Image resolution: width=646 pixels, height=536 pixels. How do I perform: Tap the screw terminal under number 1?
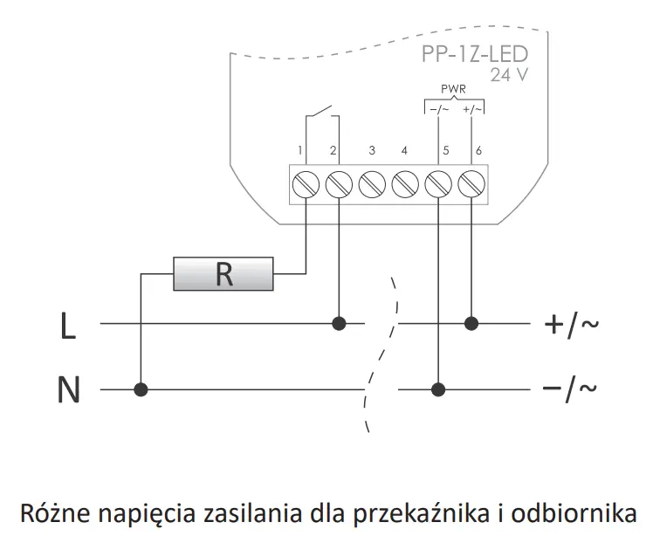pyautogui.click(x=306, y=185)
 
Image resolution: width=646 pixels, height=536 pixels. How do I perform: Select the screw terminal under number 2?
pyautogui.click(x=339, y=185)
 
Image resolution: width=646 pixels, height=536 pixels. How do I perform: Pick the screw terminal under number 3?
pyautogui.click(x=372, y=185)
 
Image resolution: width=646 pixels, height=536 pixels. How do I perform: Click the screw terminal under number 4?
pyautogui.click(x=404, y=185)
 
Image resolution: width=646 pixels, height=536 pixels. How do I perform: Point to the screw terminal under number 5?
pyautogui.click(x=437, y=185)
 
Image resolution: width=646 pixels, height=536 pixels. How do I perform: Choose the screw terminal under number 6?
pyautogui.click(x=471, y=185)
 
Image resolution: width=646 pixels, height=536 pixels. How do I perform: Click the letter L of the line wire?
pyautogui.click(x=68, y=326)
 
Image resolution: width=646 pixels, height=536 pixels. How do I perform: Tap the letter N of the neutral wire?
pyautogui.click(x=68, y=389)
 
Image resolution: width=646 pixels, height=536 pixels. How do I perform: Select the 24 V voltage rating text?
pyautogui.click(x=508, y=75)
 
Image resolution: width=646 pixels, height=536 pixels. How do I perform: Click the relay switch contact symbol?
pyautogui.click(x=321, y=116)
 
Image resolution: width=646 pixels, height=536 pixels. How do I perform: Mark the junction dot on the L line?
pyautogui.click(x=339, y=324)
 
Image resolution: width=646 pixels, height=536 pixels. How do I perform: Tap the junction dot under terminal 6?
pyautogui.click(x=471, y=324)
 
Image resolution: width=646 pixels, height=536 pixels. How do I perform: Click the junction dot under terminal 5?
pyautogui.click(x=437, y=388)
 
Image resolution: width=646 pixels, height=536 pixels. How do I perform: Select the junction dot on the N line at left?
pyautogui.click(x=139, y=388)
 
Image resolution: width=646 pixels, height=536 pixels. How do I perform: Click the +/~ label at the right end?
pyautogui.click(x=571, y=325)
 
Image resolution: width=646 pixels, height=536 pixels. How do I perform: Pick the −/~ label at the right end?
pyautogui.click(x=571, y=388)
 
